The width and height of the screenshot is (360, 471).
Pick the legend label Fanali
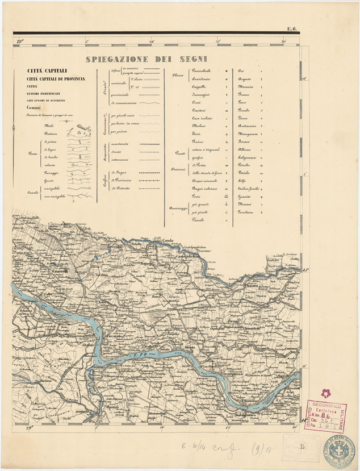coord(198,219)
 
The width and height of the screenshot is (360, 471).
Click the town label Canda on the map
coord(168,241)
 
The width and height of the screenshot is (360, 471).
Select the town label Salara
coord(104,302)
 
